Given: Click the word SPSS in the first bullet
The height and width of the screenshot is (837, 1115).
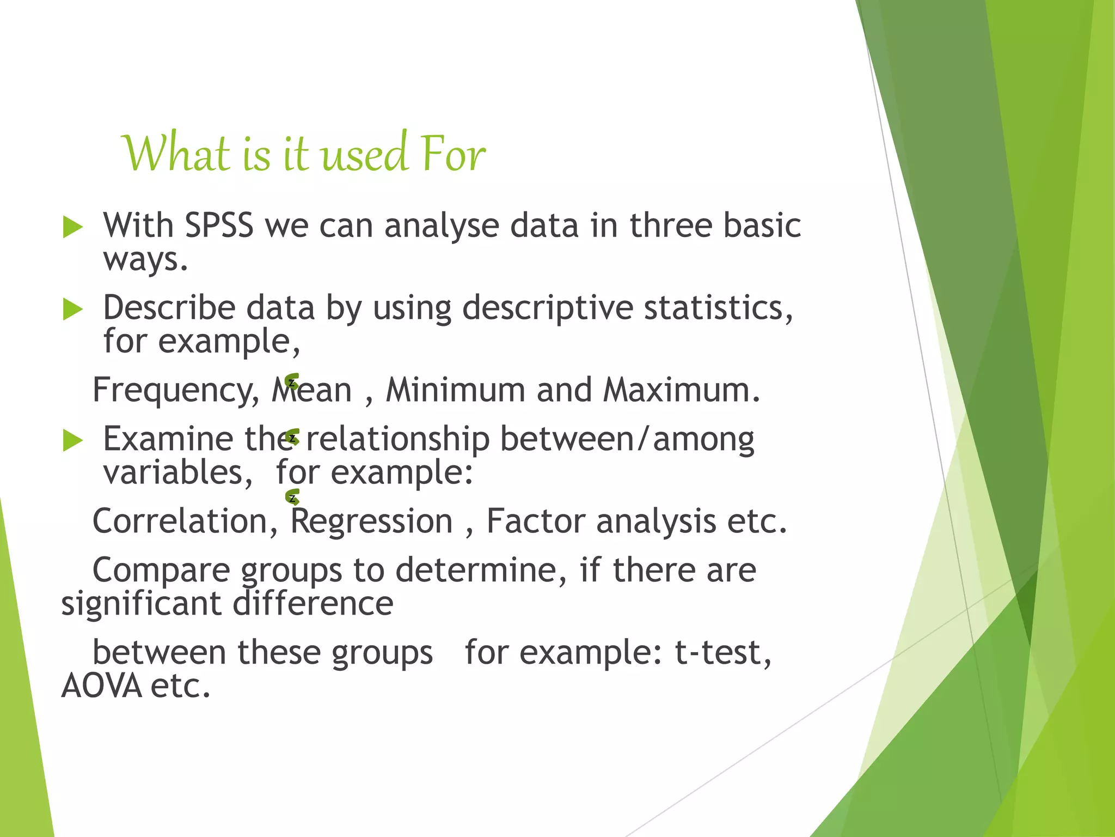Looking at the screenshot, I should point(219,225).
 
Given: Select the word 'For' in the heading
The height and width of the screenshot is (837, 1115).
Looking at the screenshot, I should point(453,154).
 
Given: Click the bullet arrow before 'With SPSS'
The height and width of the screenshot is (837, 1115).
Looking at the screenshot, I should point(72,227).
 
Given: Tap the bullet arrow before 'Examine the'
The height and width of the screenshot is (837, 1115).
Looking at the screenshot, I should point(72,440).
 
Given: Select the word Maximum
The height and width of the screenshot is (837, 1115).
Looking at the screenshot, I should point(681,390).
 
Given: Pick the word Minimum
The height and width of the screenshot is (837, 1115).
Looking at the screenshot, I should point(455,390).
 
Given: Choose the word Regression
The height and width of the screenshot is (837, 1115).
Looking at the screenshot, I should point(371,521).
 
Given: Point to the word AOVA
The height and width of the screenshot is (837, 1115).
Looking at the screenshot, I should point(101,686).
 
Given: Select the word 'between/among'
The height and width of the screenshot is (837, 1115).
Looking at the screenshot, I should point(627,439).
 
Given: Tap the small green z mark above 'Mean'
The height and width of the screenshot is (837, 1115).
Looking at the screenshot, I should point(292,381).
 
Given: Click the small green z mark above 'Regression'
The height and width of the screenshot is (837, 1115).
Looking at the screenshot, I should point(292,497).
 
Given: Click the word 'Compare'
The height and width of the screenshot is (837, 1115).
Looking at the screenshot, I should point(161,571).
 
